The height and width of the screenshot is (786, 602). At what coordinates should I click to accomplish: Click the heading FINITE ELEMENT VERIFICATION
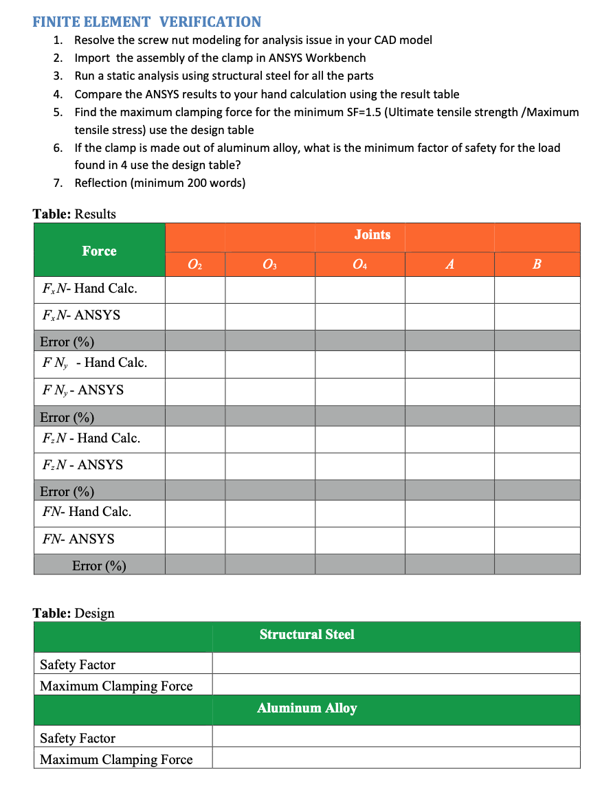tap(146, 22)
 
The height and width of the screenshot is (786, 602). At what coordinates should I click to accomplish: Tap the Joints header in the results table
tap(372, 235)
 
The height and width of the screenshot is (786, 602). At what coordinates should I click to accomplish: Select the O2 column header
tap(195, 264)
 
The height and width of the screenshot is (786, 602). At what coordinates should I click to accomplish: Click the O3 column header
tap(269, 264)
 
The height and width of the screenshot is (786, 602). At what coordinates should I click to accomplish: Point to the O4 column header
tap(359, 264)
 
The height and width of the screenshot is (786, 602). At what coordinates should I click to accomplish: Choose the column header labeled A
tap(449, 264)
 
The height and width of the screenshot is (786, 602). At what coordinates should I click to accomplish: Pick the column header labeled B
tap(537, 264)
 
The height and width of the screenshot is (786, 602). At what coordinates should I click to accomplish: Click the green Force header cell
tap(100, 251)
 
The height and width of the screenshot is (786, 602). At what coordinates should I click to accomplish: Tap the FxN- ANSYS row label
tap(80, 315)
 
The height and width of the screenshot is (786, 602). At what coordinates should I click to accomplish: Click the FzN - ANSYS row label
tap(82, 465)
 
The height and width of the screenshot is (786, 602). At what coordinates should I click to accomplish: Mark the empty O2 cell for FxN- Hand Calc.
tap(195, 289)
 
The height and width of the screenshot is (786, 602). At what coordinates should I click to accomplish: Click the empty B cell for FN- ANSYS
tap(537, 539)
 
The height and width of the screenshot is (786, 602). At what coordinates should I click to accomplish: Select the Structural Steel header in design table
tap(306, 635)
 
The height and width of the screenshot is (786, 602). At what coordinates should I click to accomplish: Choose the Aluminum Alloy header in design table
tap(306, 708)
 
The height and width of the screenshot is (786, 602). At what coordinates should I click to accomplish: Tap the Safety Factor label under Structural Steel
tap(78, 664)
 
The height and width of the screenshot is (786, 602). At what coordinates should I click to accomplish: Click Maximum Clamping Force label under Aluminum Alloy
tap(116, 759)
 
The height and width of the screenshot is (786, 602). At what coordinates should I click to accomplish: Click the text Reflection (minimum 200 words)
tap(159, 183)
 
